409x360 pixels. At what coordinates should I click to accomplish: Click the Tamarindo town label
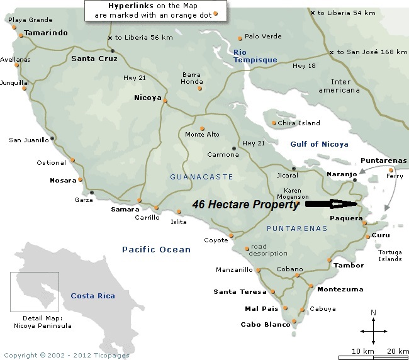46,33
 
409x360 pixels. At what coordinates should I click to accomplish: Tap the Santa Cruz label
94,59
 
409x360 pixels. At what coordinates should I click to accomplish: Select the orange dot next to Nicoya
165,100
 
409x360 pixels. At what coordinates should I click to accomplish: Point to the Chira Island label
299,123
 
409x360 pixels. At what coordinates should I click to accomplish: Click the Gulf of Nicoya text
319,144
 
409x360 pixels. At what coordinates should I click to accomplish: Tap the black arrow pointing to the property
331,204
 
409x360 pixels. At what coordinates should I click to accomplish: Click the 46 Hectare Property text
245,205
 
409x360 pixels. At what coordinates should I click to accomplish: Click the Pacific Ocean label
156,250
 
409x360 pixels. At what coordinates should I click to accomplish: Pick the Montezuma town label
340,290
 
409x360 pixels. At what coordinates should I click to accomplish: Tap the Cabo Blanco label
266,325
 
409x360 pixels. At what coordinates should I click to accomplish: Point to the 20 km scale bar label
398,350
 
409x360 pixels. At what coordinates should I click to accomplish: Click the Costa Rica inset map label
92,296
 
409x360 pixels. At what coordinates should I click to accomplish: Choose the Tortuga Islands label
389,256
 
